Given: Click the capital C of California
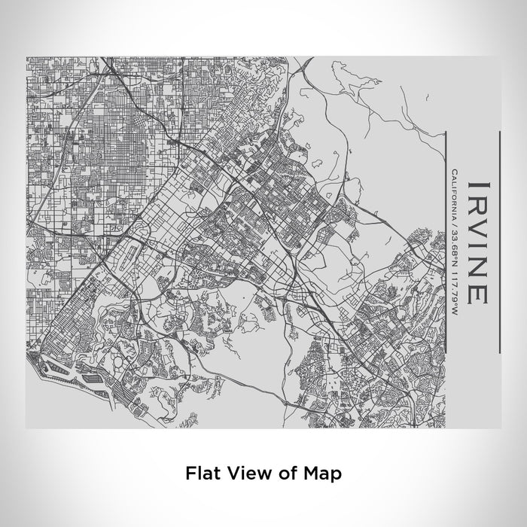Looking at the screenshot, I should tap(455, 174).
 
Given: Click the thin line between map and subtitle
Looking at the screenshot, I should tap(447, 241).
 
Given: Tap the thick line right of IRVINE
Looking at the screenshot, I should tap(498, 241).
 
